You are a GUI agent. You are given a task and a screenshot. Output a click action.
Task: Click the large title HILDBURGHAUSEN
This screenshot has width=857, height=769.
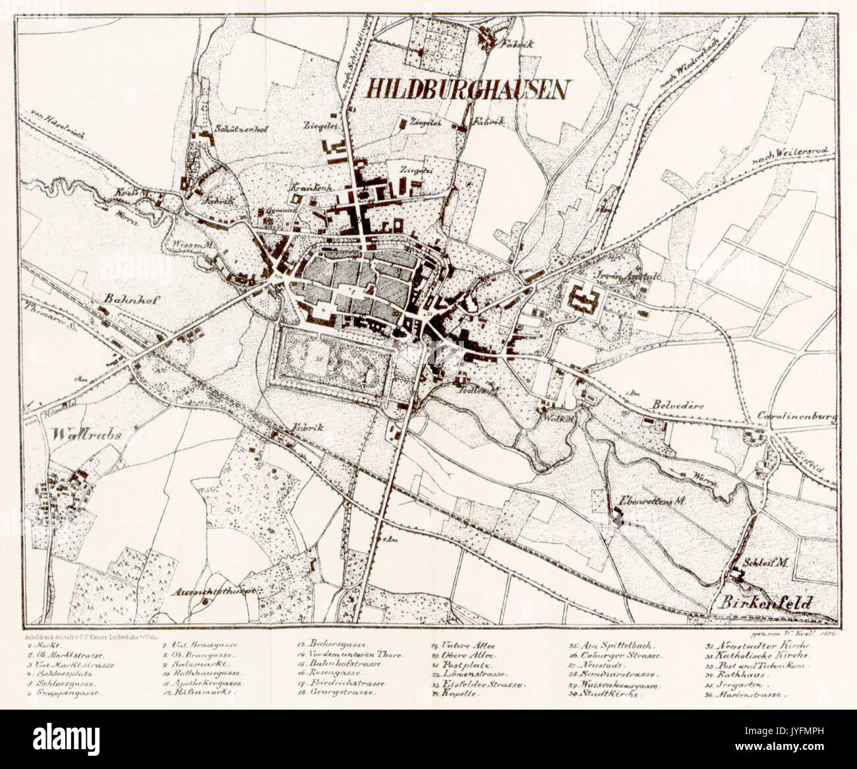pos(466,90)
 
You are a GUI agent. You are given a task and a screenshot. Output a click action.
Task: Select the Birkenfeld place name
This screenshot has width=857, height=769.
pos(765,602)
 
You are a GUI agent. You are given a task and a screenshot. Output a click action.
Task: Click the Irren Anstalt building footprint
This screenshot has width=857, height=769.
pos(582,301)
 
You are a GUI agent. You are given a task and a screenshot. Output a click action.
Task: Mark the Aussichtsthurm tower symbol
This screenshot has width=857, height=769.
pos(206,601)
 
